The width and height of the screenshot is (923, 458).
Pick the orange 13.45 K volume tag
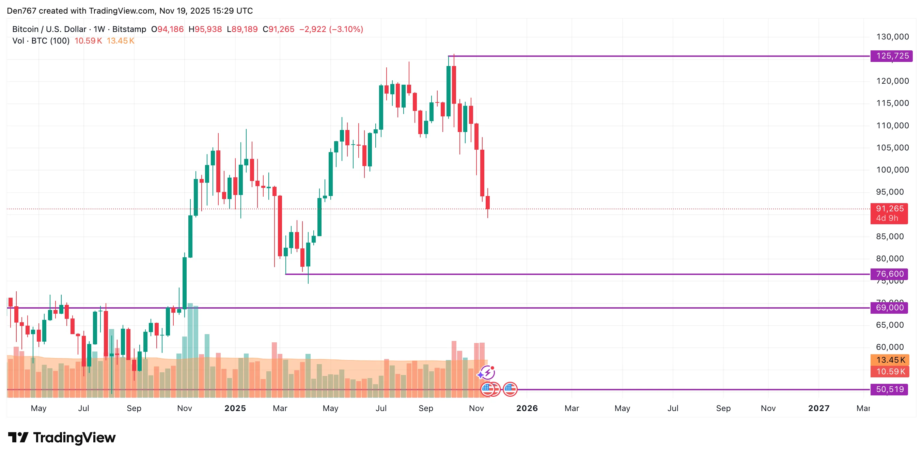tap(890, 360)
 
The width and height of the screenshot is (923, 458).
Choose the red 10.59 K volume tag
tap(890, 371)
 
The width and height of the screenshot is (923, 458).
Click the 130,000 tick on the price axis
tap(892, 36)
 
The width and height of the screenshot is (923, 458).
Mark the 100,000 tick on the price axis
tap(892, 170)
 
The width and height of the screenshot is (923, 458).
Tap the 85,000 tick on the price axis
tap(890, 236)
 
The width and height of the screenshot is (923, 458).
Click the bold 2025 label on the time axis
tap(235, 408)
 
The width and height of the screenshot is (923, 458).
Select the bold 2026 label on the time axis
tap(527, 408)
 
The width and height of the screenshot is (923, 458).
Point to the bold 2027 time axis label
tap(819, 408)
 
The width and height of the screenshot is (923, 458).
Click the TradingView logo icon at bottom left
tap(18, 437)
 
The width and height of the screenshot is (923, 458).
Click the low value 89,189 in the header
tap(245, 29)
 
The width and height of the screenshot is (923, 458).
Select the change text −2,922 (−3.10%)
tap(331, 29)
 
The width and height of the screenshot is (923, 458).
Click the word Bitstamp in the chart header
tap(129, 29)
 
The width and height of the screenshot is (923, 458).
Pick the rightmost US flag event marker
tap(510, 389)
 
